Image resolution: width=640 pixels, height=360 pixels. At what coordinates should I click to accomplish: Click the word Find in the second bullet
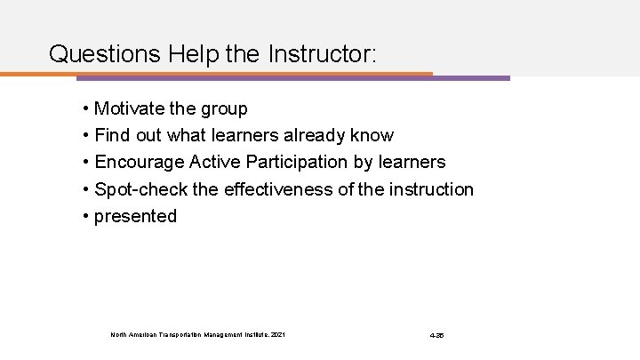coord(111,136)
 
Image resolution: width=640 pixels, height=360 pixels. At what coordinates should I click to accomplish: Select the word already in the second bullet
coord(318,136)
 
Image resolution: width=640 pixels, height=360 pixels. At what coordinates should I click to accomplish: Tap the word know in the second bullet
coord(373,136)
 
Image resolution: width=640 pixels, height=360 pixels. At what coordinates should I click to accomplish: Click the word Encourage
coord(136,163)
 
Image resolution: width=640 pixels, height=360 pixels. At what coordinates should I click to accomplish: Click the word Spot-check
coord(137,189)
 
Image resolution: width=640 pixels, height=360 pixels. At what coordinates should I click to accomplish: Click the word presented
coord(135,216)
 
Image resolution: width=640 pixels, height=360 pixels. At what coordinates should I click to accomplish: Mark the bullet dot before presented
coord(84,216)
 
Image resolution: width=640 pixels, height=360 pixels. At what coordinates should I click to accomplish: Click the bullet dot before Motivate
coord(84,109)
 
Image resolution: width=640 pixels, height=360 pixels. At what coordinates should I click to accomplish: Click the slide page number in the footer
coord(436,335)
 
